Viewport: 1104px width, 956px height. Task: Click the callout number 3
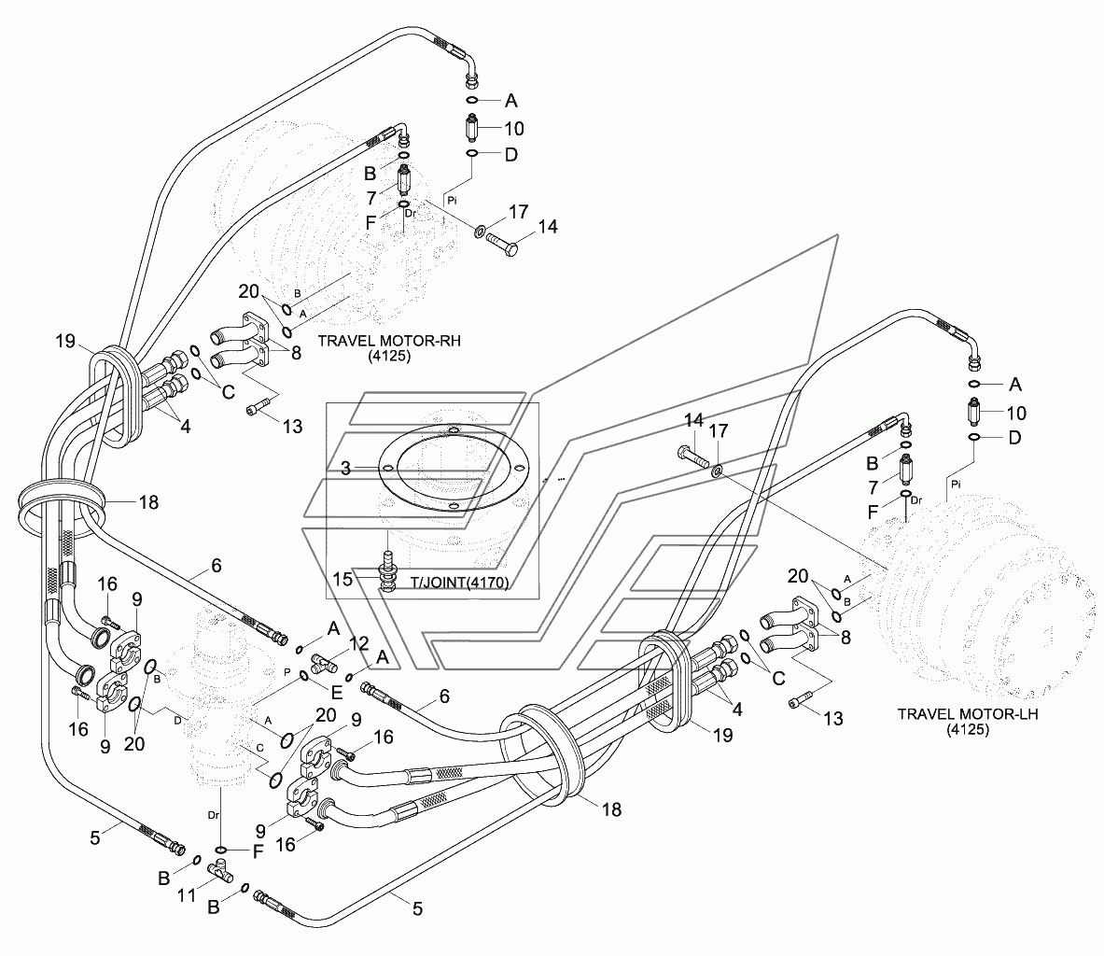345,469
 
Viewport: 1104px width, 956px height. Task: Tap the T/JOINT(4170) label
460,583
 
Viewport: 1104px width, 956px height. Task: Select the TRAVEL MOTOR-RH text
389,341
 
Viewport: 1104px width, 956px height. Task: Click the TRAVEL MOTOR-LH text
968,714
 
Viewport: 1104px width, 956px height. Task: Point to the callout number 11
186,895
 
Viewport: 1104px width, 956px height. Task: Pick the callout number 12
358,643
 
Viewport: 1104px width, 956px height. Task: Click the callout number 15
342,579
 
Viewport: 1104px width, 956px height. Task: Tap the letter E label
337,693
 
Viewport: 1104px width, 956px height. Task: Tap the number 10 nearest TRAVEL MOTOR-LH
1016,413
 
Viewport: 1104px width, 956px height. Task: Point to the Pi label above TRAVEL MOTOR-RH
452,201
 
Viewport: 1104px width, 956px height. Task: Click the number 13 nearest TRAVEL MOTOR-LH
833,719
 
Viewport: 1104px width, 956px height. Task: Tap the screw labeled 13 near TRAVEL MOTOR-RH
257,407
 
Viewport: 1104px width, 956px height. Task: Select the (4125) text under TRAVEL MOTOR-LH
968,731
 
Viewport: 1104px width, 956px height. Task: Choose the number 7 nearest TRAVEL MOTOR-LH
873,488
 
